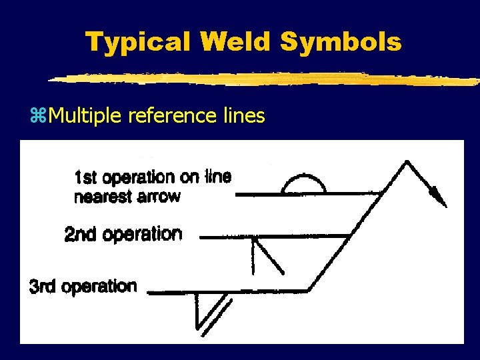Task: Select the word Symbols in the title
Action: [341, 43]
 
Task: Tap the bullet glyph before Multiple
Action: [36, 117]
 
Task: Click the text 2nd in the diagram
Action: [79, 235]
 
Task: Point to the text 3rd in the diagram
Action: [43, 287]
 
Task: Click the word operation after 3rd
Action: [99, 287]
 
